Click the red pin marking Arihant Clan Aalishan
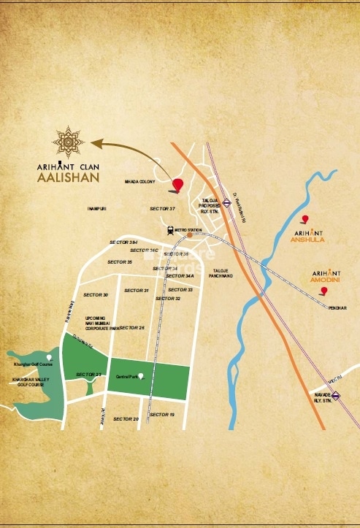[178, 185]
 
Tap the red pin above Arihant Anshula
[305, 218]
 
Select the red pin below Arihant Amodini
[323, 291]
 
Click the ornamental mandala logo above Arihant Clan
[72, 142]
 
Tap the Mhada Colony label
[140, 182]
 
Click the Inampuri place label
[97, 209]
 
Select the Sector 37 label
[163, 209]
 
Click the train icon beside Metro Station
[170, 229]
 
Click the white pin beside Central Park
[140, 376]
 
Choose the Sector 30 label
[96, 294]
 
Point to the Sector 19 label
[162, 414]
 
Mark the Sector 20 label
[126, 418]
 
